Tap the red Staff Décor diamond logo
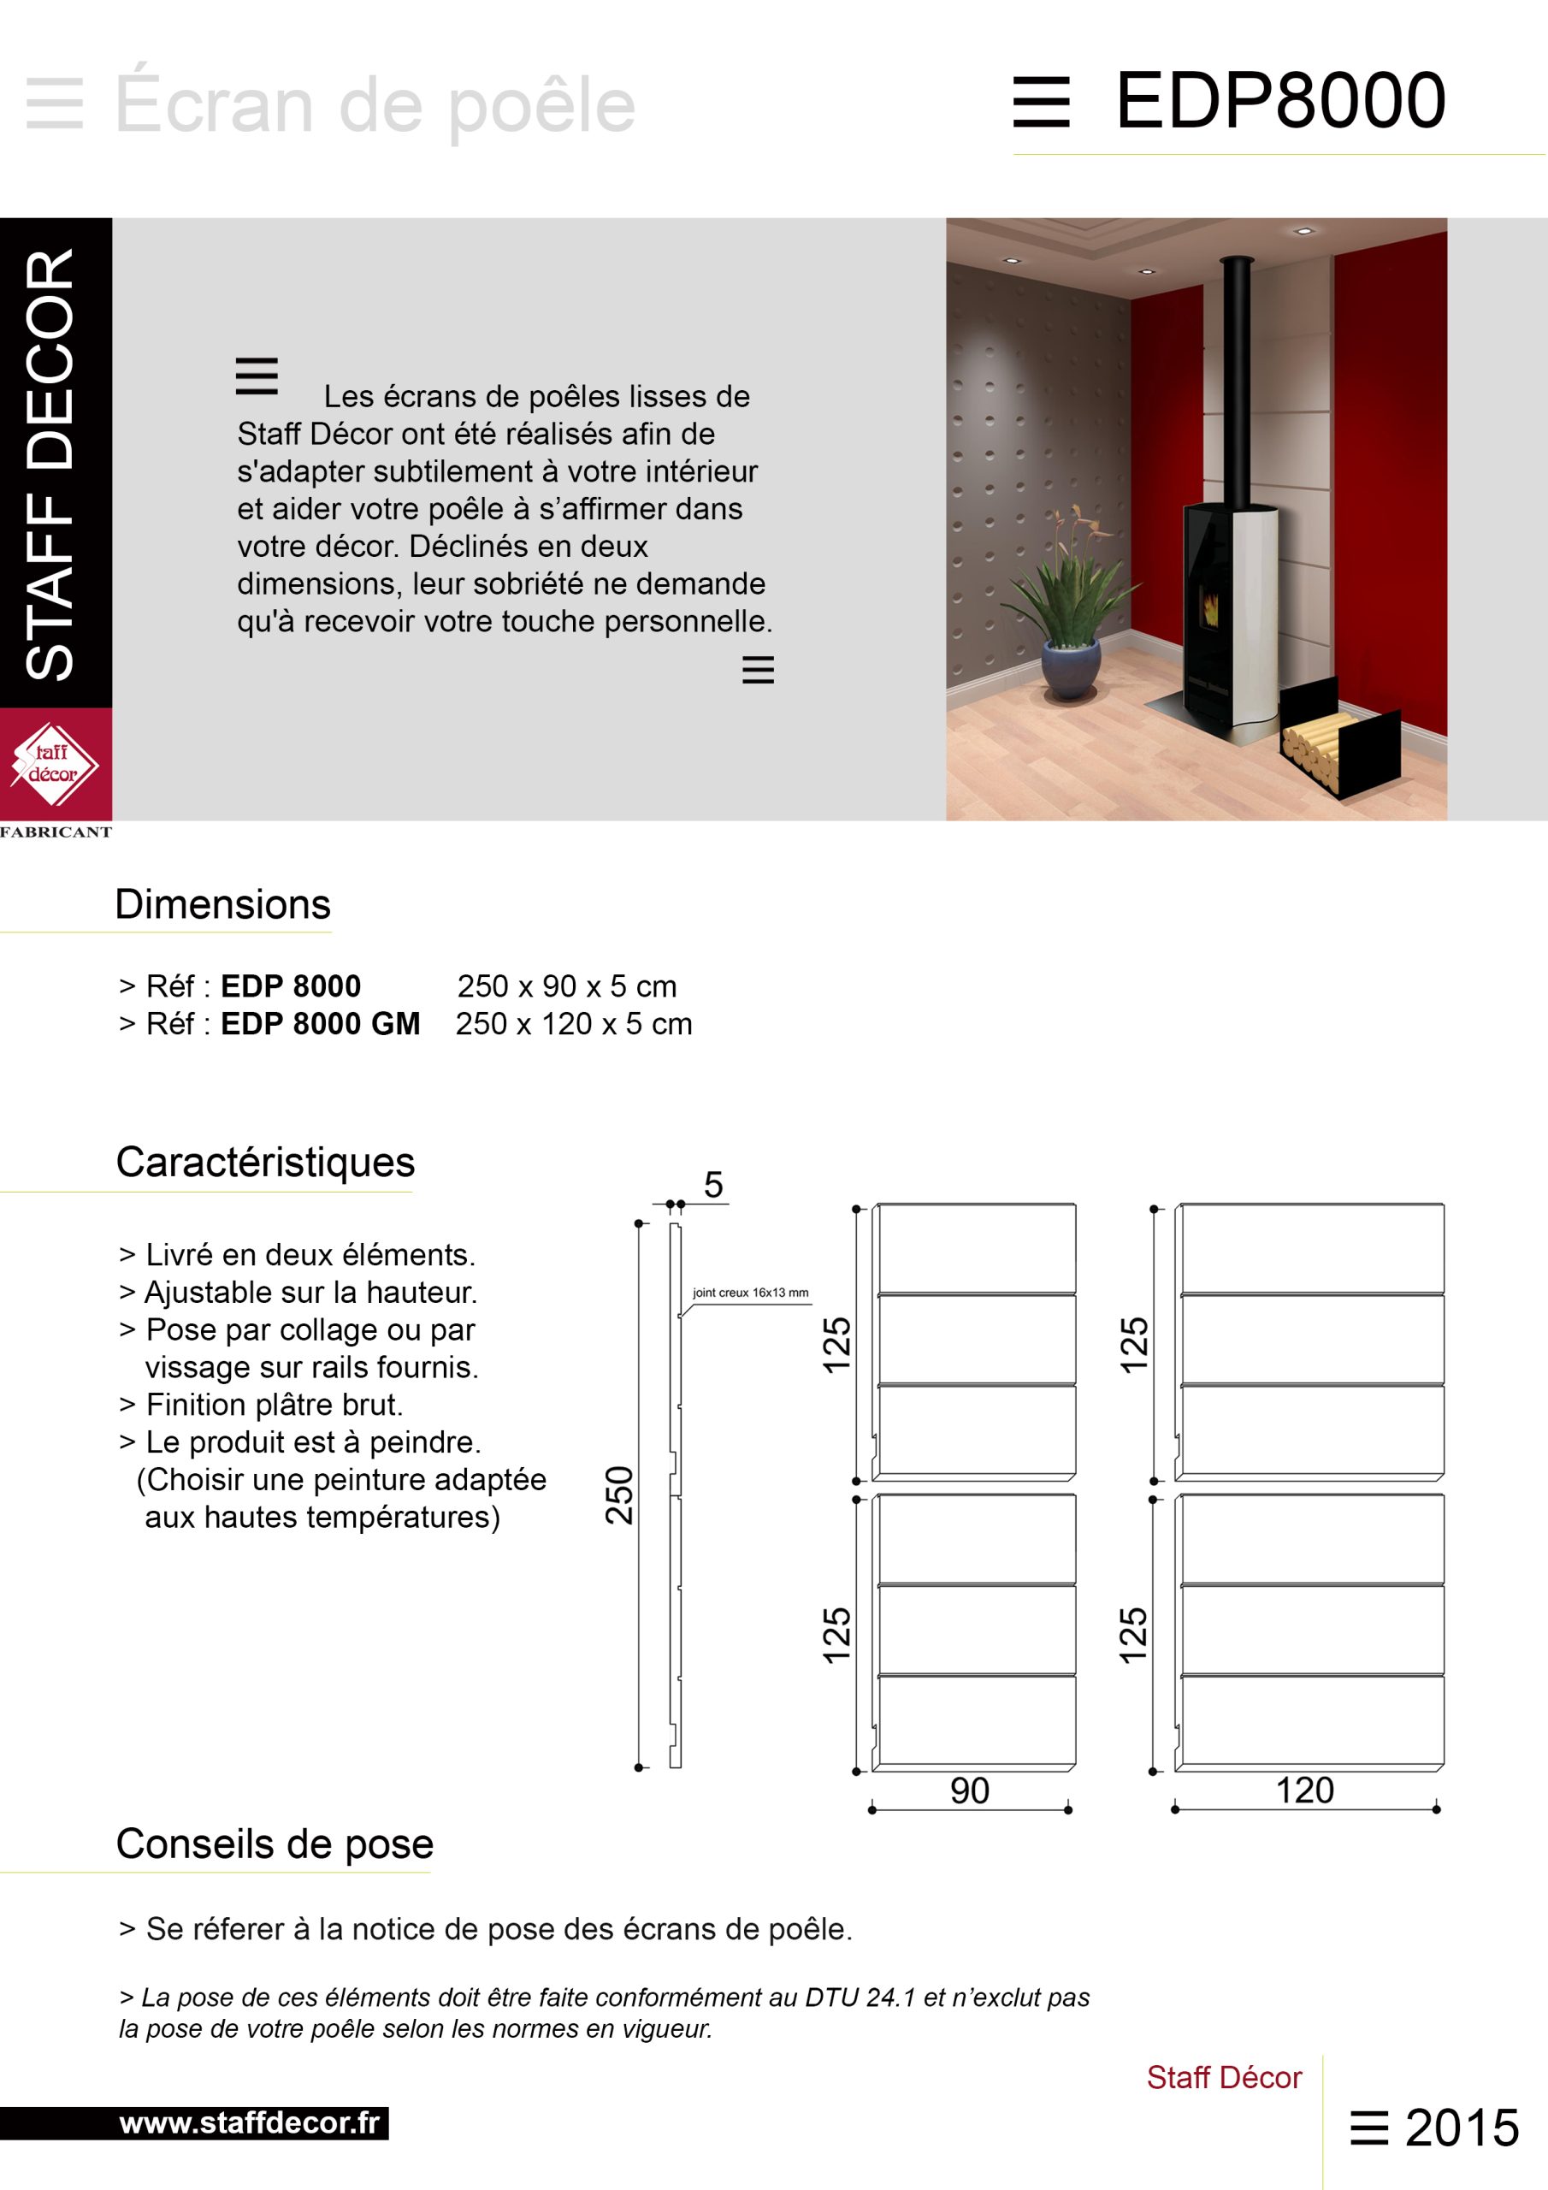(55, 763)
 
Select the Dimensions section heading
(222, 904)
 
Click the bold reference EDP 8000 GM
(321, 1023)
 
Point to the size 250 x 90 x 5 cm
(566, 986)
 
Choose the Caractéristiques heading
(265, 1162)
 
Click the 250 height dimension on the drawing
(619, 1495)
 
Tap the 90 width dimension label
(969, 1790)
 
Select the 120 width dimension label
(1304, 1790)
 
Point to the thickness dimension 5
(713, 1185)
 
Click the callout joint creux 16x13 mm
(750, 1293)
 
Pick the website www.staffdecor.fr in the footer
(249, 2123)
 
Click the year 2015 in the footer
(1462, 2128)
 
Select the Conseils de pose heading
(275, 1844)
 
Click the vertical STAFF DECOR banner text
(50, 465)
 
